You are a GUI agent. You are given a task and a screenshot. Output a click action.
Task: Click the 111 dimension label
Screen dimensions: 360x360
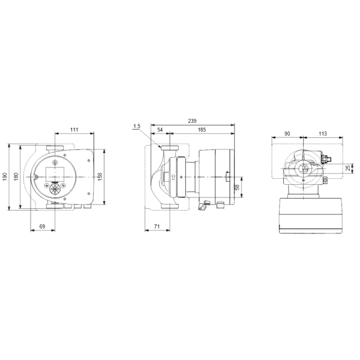point(74,130)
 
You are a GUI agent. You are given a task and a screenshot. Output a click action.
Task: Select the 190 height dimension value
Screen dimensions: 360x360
point(5,177)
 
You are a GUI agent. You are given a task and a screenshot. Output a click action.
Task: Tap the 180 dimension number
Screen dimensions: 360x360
point(16,176)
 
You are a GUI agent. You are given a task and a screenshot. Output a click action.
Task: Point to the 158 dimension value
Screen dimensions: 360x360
point(100,176)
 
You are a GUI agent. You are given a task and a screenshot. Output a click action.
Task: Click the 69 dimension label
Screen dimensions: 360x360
point(42,227)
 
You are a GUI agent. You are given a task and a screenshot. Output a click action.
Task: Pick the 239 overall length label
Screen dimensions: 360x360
point(192,121)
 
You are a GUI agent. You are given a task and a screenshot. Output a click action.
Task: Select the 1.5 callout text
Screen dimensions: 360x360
point(137,126)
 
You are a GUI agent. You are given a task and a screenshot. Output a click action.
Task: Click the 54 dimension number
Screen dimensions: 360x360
point(160,130)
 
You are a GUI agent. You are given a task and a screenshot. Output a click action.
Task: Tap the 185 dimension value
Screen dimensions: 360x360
point(202,130)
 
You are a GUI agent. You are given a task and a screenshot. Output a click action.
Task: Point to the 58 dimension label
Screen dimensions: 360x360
point(237,187)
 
